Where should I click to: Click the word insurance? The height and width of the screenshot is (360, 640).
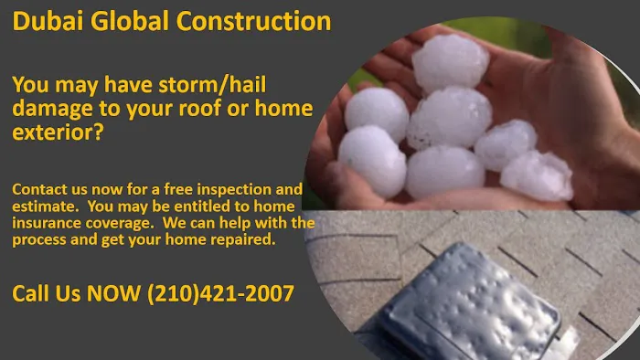[x=46, y=224]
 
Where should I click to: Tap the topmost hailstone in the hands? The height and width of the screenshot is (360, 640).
[x=449, y=61]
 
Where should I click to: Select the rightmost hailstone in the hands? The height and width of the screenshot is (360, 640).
[x=537, y=175]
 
